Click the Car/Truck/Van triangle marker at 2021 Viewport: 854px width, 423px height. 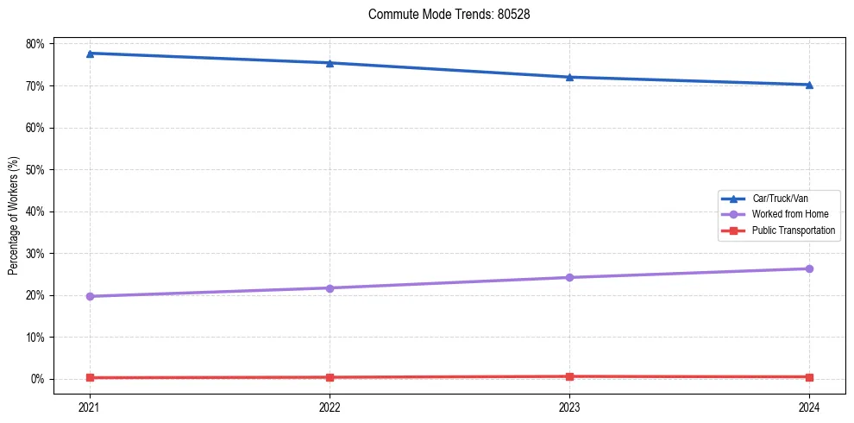point(90,54)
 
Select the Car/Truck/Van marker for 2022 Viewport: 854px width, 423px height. point(330,63)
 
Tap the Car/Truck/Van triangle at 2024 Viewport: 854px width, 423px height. point(809,85)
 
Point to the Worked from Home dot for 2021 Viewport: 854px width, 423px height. point(90,296)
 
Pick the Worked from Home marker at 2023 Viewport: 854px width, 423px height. point(569,277)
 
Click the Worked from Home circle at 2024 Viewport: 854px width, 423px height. point(809,268)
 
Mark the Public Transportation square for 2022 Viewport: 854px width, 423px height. point(330,377)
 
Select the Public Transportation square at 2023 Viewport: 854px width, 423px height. point(569,376)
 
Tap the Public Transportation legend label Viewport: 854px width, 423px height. point(793,230)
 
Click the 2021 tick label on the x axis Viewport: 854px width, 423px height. point(90,406)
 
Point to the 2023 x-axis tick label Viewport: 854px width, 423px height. point(569,406)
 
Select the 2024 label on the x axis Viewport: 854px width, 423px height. point(809,406)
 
